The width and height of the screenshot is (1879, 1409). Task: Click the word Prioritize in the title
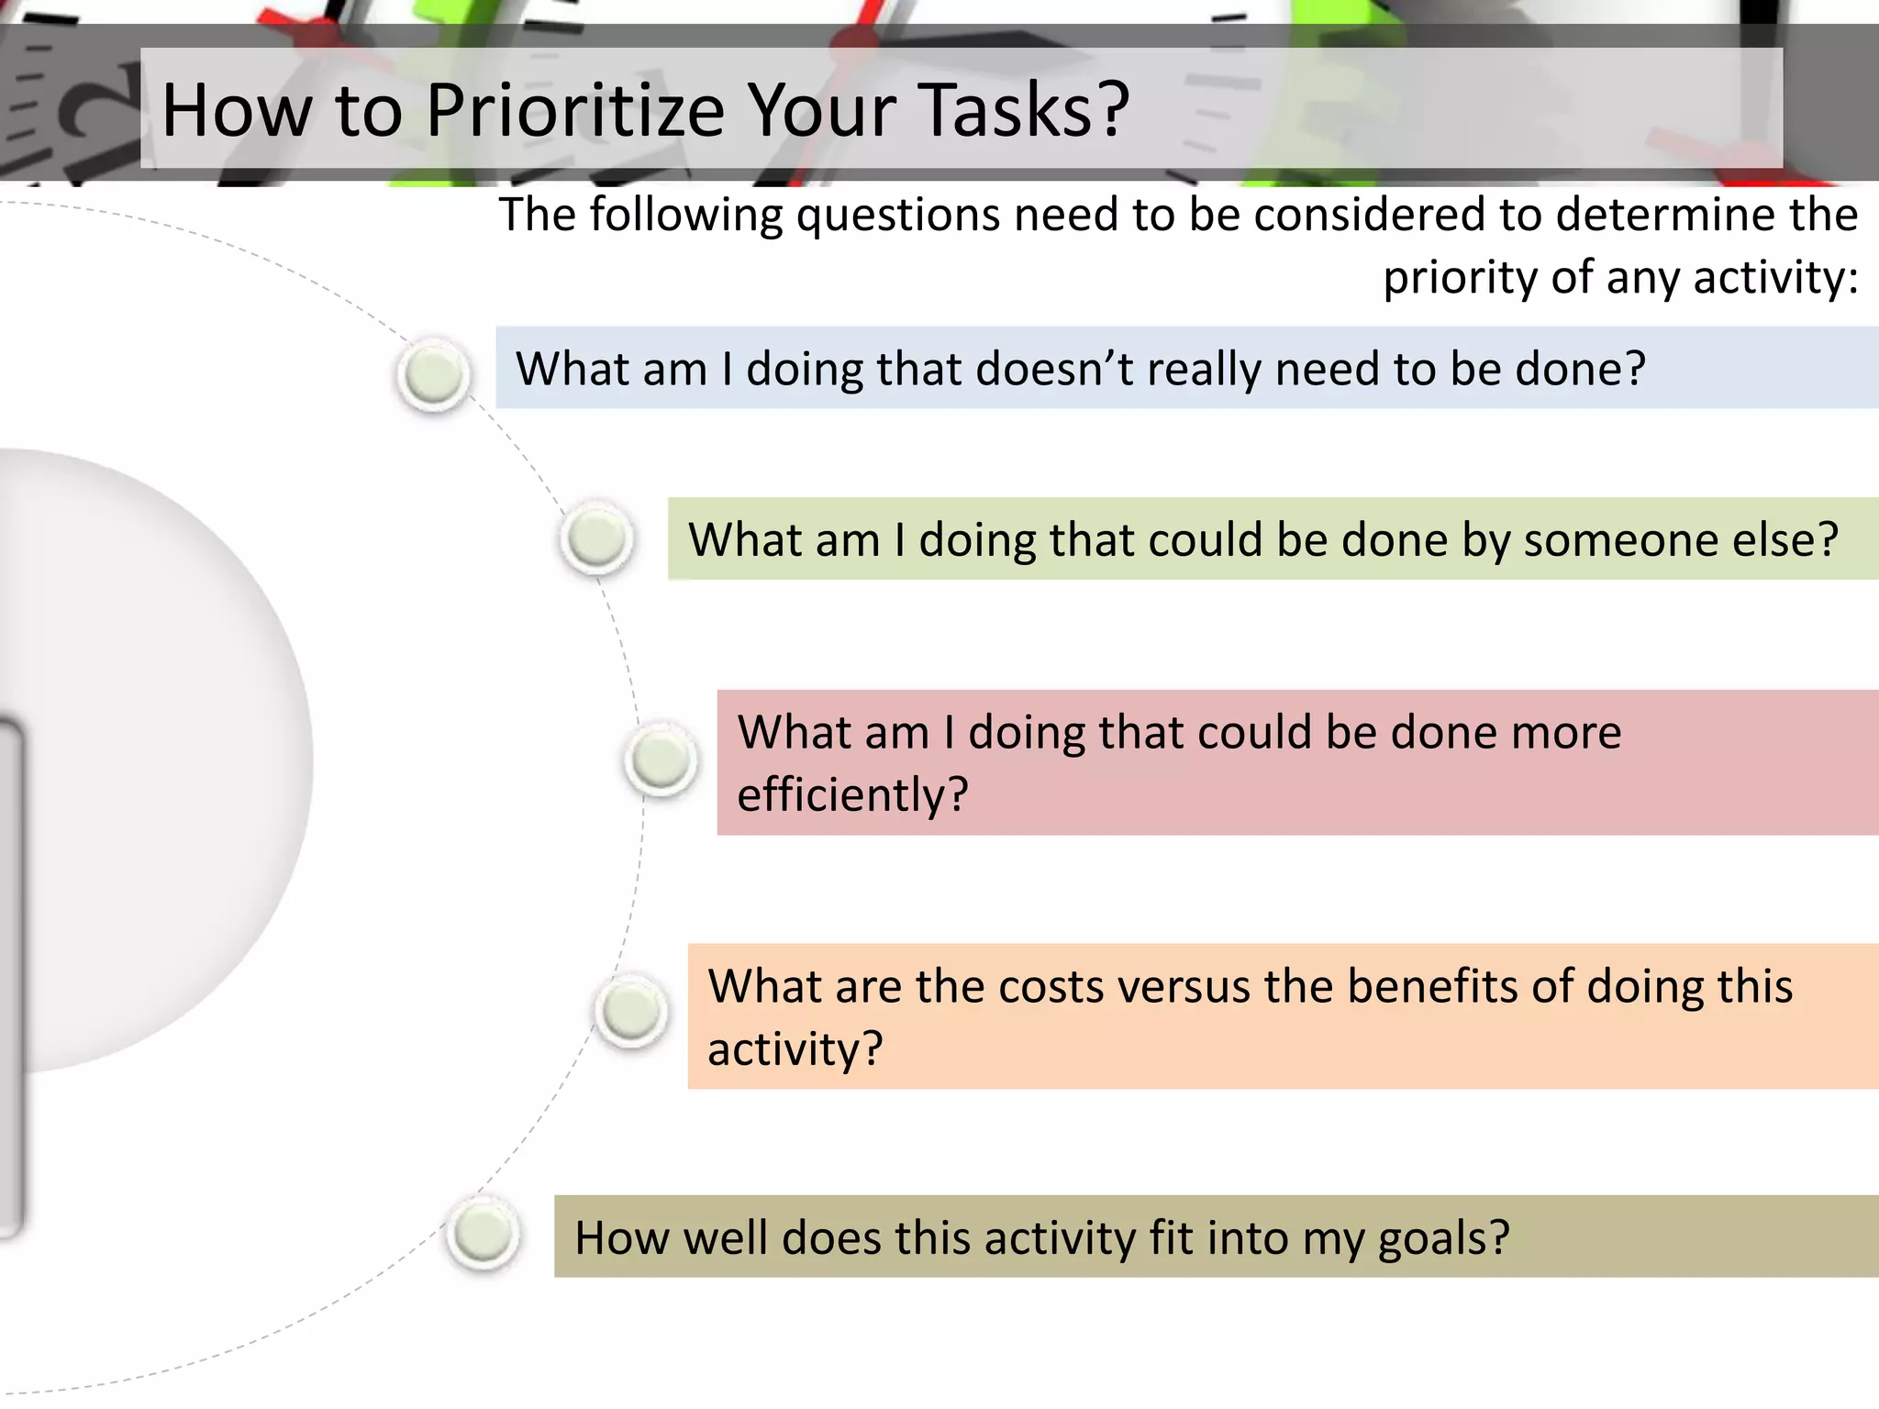click(575, 111)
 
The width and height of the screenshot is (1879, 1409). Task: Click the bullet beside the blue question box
click(433, 374)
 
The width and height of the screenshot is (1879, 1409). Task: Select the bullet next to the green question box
click(596, 538)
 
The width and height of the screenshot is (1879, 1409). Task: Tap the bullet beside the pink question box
click(661, 760)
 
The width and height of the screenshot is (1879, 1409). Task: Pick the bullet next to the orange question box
click(631, 1012)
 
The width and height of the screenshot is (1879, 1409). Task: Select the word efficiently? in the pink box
click(852, 794)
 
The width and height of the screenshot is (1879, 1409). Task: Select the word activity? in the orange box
click(795, 1049)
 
